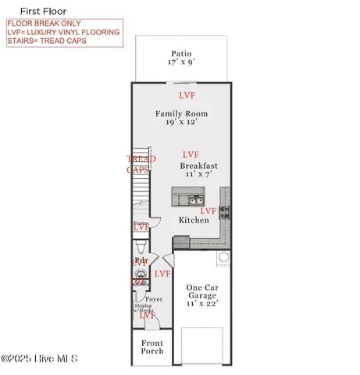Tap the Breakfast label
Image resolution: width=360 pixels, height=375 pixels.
pyautogui.click(x=198, y=166)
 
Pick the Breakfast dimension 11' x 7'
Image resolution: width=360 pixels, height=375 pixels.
pyautogui.click(x=198, y=176)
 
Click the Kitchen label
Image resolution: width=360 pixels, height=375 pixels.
pyautogui.click(x=193, y=220)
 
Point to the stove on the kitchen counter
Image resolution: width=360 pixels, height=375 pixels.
pyautogui.click(x=225, y=210)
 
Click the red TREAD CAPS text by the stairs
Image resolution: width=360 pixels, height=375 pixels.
pyautogui.click(x=141, y=163)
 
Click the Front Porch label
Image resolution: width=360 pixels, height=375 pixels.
pyautogui.click(x=152, y=347)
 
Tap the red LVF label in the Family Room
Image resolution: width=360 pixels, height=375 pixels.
pyautogui.click(x=187, y=95)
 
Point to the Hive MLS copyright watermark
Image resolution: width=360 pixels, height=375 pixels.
pyautogui.click(x=39, y=359)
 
